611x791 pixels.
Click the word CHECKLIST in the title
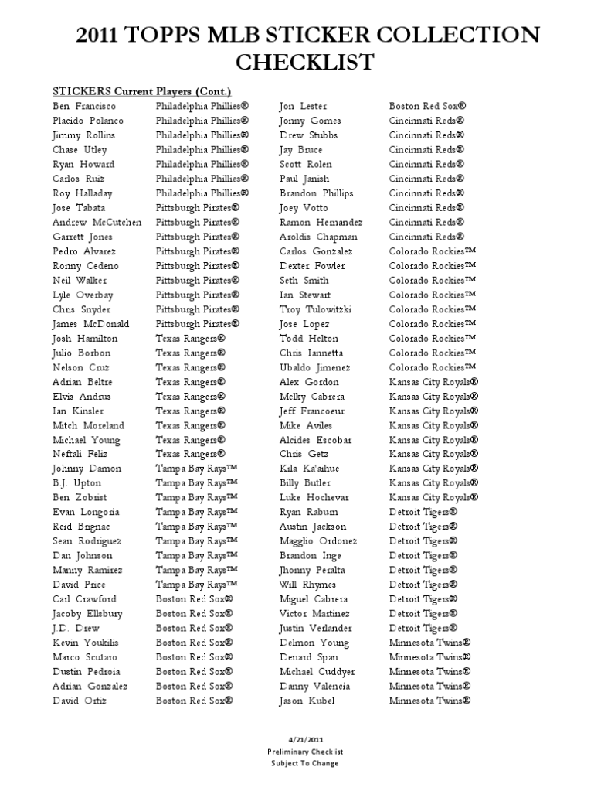tap(305, 62)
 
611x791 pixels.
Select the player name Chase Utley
tap(80, 150)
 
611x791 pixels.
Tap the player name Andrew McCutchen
tap(97, 223)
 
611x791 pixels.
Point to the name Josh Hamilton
tap(85, 339)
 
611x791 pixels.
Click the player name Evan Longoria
tap(86, 513)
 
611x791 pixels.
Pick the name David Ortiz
tap(80, 701)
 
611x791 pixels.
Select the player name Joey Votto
tap(304, 208)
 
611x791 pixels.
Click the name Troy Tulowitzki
tap(315, 309)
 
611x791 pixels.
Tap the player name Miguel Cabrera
tap(314, 599)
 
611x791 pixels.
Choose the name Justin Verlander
tap(315, 629)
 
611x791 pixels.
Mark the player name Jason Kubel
tap(307, 701)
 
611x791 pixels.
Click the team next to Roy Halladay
tap(202, 193)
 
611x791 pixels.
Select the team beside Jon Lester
tap(428, 106)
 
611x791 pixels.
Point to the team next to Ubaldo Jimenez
tap(433, 367)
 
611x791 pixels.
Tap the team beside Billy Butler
tap(433, 483)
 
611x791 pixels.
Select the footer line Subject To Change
tap(305, 763)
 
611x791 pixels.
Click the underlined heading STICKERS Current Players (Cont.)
tap(142, 91)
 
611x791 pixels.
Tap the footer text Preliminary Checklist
tap(305, 752)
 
